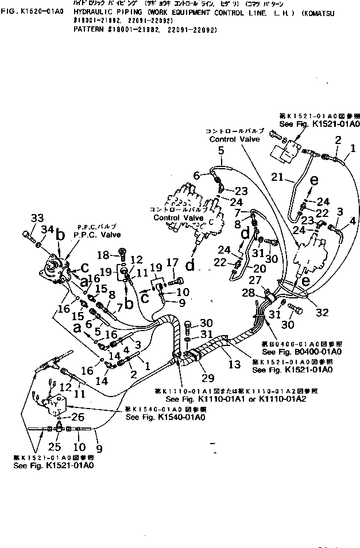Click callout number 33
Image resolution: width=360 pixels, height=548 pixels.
click(37, 219)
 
